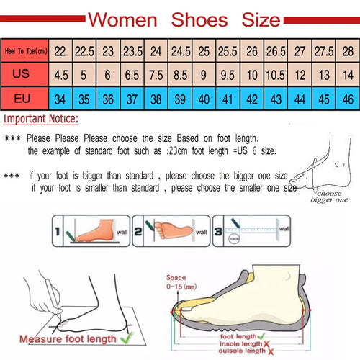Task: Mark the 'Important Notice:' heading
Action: click(x=42, y=120)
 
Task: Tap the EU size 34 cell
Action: click(x=60, y=97)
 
